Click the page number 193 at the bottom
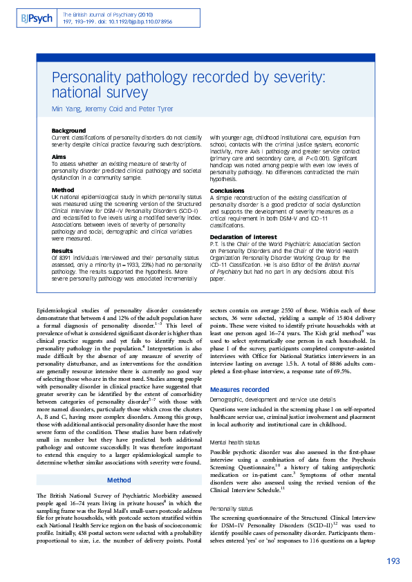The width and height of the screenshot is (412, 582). point(393,561)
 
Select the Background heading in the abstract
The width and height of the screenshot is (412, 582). point(68,131)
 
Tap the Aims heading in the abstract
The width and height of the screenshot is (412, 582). point(59,156)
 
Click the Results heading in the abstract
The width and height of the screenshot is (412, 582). point(62,251)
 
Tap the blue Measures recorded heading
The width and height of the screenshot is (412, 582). point(239,390)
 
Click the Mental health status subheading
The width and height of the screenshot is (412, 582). point(235,440)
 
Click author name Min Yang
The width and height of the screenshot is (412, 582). point(66,109)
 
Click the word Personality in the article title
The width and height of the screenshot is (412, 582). point(88,77)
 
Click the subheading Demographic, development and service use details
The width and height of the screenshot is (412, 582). point(263,400)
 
